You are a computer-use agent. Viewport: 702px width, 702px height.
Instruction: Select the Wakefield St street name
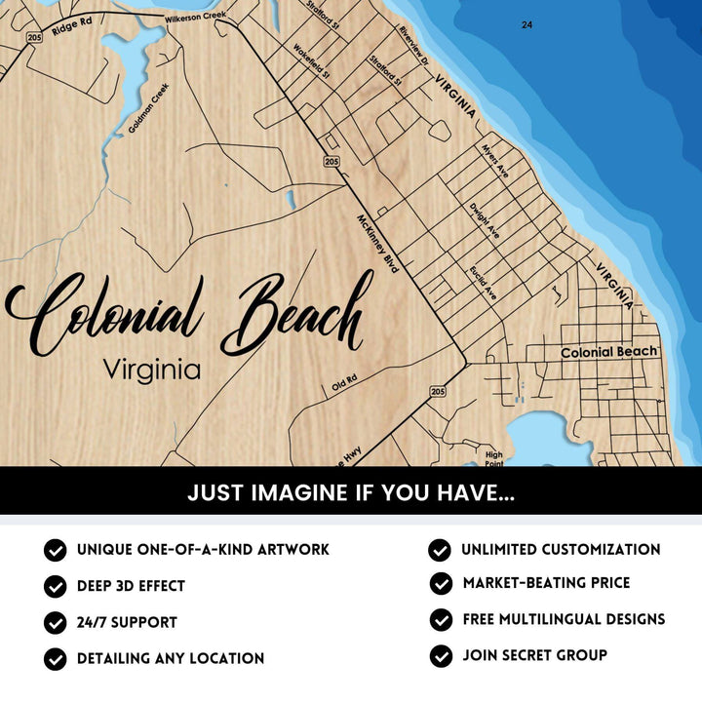(313, 59)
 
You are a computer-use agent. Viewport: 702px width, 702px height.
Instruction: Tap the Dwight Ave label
(485, 221)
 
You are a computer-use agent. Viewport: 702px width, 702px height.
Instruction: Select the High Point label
(494, 457)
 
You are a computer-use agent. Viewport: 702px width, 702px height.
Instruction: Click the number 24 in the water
(526, 24)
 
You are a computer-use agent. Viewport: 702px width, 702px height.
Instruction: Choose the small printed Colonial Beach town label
(609, 352)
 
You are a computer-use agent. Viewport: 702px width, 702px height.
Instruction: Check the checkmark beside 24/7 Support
(55, 622)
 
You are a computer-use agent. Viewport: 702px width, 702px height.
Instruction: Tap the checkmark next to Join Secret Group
(441, 655)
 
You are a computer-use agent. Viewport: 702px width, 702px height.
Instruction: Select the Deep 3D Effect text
(131, 586)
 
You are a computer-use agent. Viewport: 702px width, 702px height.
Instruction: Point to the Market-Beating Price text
(546, 583)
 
